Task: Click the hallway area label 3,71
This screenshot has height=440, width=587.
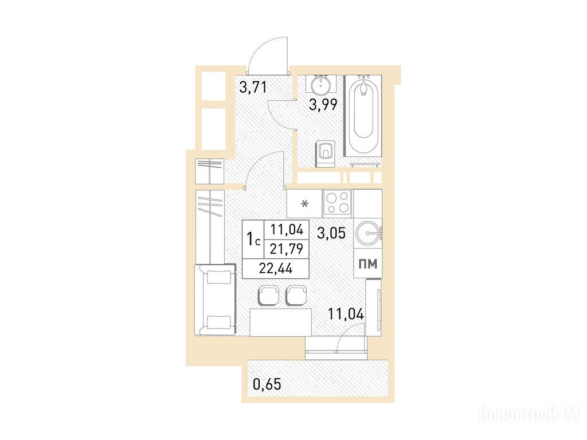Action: tap(253, 88)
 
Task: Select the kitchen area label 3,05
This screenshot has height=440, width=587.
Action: tap(331, 234)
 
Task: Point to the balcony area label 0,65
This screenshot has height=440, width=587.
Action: tap(267, 384)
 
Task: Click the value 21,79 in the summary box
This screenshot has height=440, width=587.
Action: tap(287, 249)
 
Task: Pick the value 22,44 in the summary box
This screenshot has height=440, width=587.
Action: tap(276, 269)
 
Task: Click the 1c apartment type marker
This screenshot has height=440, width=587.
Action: tap(253, 239)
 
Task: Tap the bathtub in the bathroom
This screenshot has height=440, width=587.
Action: tap(363, 116)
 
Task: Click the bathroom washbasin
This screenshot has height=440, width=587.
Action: tap(321, 84)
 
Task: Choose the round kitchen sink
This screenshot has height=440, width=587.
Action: tap(368, 233)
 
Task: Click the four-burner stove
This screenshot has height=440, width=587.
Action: tap(337, 202)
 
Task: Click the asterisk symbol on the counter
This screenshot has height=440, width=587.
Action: tap(306, 205)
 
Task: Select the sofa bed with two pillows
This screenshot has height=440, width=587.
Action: tap(216, 300)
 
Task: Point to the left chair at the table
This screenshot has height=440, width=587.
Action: tap(268, 296)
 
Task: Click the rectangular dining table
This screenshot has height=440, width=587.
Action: tap(281, 322)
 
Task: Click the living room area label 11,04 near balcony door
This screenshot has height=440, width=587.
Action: tap(346, 313)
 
